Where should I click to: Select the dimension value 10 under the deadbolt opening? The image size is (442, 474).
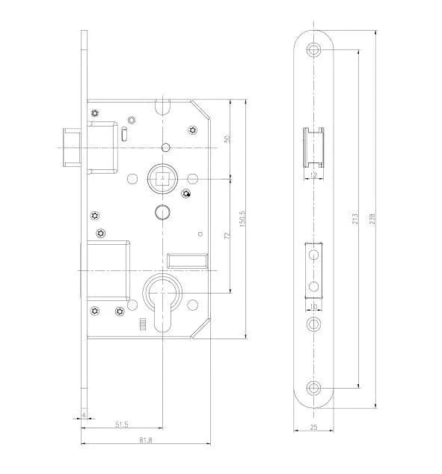(314, 308)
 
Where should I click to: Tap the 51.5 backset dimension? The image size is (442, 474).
(120, 426)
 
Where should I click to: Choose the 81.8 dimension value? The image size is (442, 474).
(145, 440)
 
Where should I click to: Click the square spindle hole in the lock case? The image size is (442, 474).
(162, 179)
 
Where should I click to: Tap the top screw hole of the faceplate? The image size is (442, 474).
(314, 50)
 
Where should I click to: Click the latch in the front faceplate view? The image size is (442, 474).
(314, 148)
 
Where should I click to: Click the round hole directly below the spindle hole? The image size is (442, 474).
(162, 212)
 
